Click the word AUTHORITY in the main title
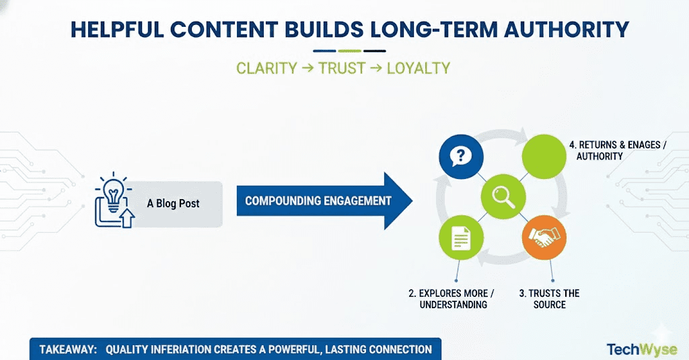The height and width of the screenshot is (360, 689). [x=567, y=30]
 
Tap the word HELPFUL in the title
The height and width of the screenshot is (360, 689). [x=117, y=30]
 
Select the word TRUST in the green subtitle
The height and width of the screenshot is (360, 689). [x=342, y=68]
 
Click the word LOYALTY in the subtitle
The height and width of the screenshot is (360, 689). [x=419, y=68]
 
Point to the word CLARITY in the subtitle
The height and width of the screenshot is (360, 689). [x=266, y=68]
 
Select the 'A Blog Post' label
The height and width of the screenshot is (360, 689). [x=173, y=203]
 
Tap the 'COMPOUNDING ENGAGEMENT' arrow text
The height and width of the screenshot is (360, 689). [x=318, y=201]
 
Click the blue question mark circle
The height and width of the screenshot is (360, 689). [x=461, y=157]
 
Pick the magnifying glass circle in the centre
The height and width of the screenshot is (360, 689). [x=503, y=196]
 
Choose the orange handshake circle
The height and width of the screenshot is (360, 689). [x=544, y=238]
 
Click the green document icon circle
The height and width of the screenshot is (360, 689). [x=461, y=238]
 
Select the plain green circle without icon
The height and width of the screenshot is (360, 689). [x=544, y=157]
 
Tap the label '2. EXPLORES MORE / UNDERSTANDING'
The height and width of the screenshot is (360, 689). [x=451, y=299]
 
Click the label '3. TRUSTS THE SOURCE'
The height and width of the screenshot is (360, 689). [x=549, y=299]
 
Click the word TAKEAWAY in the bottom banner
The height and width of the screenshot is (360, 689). [x=68, y=349]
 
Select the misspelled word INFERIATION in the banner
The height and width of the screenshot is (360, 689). [x=181, y=349]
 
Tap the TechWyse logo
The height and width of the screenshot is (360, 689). [x=642, y=350]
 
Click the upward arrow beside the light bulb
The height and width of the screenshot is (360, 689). [x=127, y=218]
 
